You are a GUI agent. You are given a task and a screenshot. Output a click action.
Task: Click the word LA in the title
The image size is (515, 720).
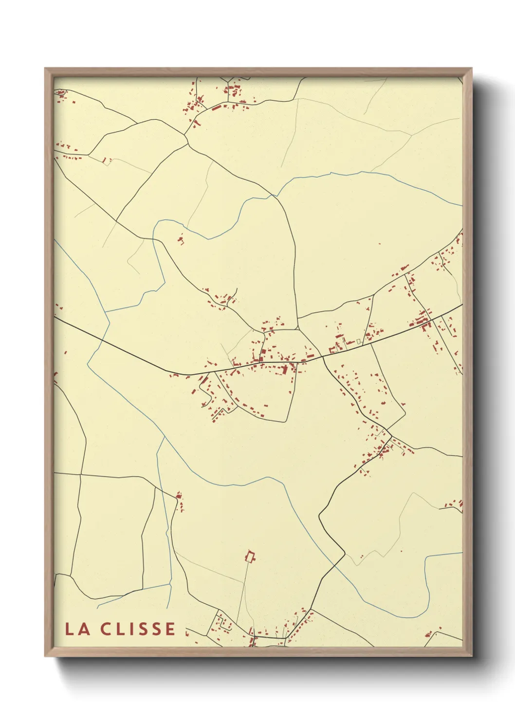tap(77, 629)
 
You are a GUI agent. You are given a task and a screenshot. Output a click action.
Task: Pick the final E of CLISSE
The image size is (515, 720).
tap(170, 629)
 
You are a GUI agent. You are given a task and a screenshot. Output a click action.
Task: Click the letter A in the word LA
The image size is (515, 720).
tap(83, 629)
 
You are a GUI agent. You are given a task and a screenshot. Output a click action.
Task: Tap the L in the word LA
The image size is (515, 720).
tap(70, 629)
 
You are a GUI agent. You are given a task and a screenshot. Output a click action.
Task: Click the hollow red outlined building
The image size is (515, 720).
tap(251, 556)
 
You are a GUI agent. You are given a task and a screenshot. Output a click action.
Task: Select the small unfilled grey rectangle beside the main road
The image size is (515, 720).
tap(359, 342)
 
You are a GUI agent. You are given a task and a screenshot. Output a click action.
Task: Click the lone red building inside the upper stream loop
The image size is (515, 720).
tap(181, 239)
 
